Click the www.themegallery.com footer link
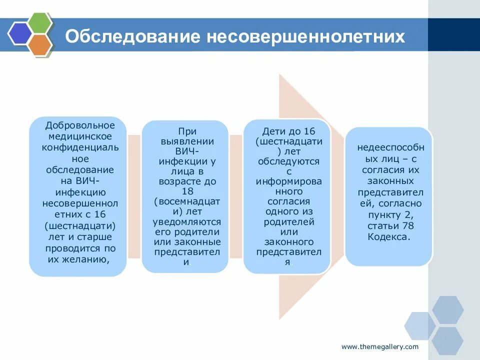pos(380,346)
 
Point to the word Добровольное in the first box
pos(80,125)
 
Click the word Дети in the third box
pos(272,131)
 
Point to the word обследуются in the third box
pos(288,161)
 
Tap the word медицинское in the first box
pos(80,136)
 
